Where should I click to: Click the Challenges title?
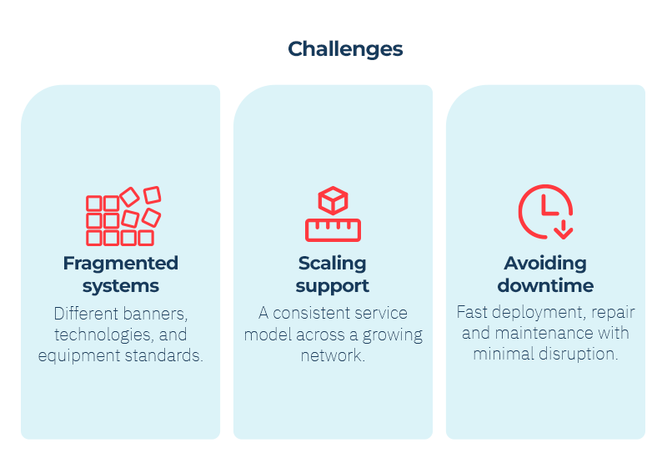coord(345,49)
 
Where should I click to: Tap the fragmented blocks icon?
coord(123,216)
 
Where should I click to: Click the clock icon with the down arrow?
coord(545,212)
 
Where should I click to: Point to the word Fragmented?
coord(120,263)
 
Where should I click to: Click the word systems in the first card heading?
coord(121,285)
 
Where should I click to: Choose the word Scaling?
coord(332,263)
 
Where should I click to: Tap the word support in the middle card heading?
coord(332,285)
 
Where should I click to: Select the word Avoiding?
coord(545,263)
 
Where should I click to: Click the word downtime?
coord(545,285)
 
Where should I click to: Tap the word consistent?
coord(312,313)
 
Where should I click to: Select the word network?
coord(333,355)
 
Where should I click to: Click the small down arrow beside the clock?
coord(564,229)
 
